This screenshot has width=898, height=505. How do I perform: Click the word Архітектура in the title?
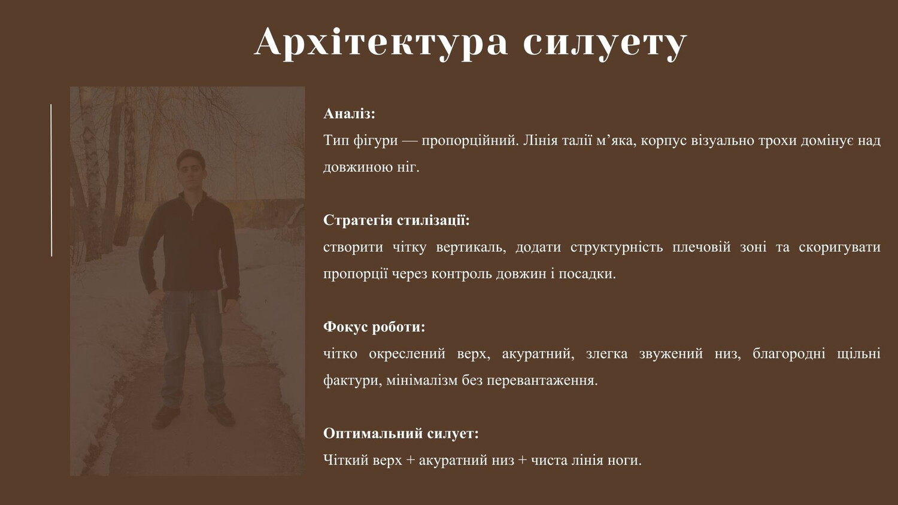pos(381,42)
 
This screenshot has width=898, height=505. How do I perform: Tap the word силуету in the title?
pos(605,45)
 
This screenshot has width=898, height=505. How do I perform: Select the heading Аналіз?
pos(349,114)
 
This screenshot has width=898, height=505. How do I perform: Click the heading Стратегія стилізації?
pos(396,220)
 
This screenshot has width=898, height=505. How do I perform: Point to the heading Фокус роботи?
pos(374,327)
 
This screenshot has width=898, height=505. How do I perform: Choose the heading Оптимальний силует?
pos(401,433)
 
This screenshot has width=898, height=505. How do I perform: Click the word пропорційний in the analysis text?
pos(470,141)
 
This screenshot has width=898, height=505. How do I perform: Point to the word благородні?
pos(788,354)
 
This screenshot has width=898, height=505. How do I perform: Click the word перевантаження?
pos(542,381)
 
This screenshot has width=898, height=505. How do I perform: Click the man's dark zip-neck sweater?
pos(189,245)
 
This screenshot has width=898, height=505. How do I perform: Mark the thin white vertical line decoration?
pos(51,180)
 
